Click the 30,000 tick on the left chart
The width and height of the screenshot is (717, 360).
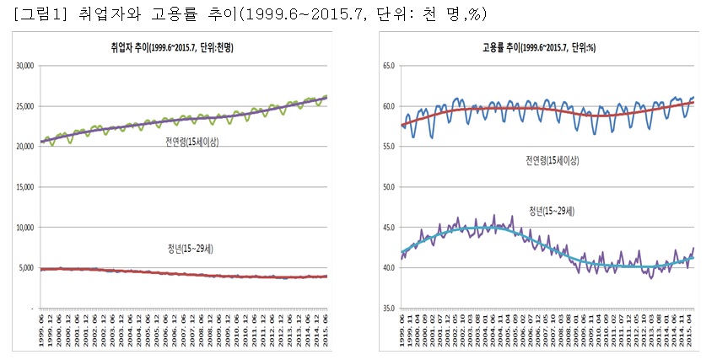tap(19, 65)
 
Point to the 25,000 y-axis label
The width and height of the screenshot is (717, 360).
tap(19, 105)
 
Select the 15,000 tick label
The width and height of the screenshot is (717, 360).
tap(19, 187)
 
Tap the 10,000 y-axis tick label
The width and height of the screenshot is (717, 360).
tap(19, 228)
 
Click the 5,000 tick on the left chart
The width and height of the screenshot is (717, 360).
tap(21, 268)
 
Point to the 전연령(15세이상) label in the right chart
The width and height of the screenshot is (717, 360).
tap(552, 160)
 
